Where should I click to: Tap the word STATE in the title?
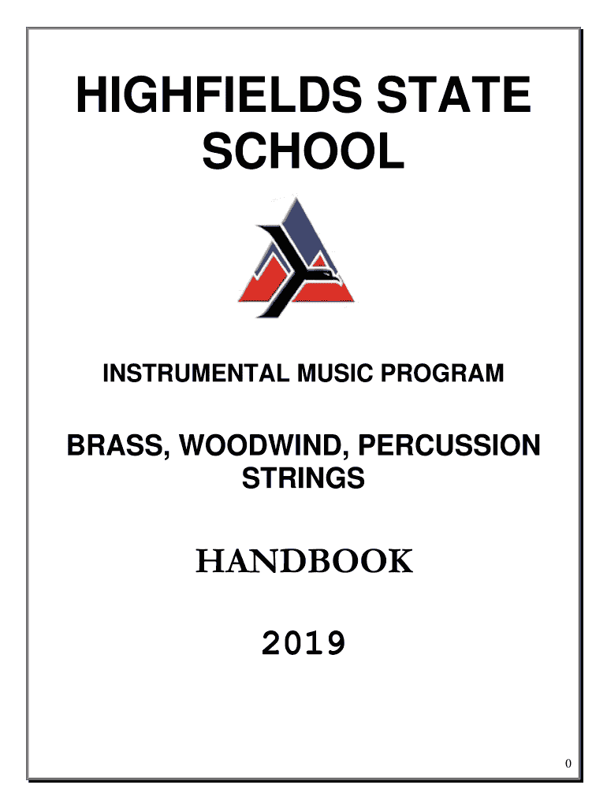[453, 95]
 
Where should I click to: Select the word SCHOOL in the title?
[303, 151]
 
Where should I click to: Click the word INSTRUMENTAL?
[196, 373]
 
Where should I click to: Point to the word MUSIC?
[335, 373]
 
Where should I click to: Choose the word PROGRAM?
[442, 373]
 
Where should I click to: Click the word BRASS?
[115, 445]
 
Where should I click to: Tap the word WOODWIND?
[260, 445]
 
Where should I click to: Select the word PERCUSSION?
[449, 445]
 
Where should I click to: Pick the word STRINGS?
[303, 478]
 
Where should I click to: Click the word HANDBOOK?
[304, 561]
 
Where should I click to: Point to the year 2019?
[303, 643]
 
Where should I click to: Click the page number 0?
[568, 763]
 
